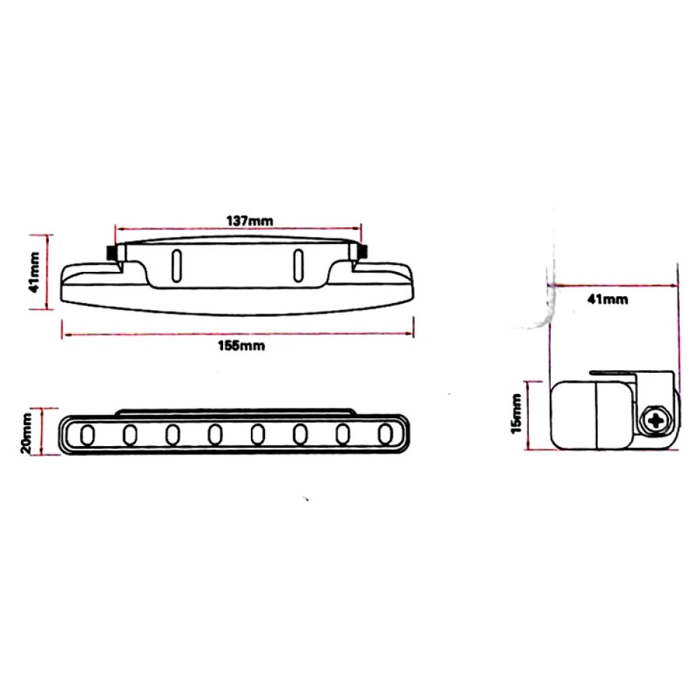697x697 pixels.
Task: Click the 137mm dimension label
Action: [x=249, y=220]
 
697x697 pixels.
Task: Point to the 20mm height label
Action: [x=26, y=433]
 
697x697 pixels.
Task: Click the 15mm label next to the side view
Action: [x=516, y=414]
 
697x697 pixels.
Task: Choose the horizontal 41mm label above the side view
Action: [x=607, y=300]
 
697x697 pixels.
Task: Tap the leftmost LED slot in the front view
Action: [x=87, y=435]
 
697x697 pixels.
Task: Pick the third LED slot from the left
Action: [x=172, y=435]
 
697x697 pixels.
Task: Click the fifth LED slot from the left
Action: [x=258, y=435]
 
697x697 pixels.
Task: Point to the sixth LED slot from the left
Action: [x=300, y=435]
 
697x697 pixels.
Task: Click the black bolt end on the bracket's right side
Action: [x=363, y=252]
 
